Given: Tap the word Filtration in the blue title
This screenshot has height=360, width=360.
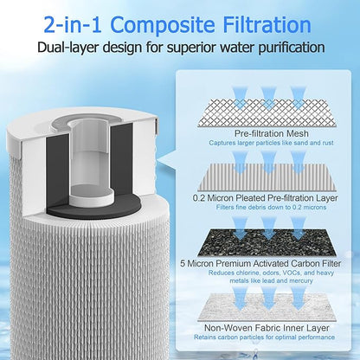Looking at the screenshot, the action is [267, 24].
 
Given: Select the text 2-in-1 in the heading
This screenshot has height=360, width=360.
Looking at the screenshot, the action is [73, 25].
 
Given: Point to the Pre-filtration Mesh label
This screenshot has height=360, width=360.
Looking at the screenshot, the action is [272, 133].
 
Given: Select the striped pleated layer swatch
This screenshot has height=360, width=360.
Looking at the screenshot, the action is [267, 177].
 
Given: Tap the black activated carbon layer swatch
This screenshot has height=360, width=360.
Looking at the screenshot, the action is [267, 242].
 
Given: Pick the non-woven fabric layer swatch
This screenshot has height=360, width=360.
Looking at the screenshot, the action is [267, 307].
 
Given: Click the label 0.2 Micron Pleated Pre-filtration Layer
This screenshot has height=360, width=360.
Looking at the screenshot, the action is [266, 198].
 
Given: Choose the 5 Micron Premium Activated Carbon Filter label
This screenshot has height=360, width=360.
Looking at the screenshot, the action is [260, 263].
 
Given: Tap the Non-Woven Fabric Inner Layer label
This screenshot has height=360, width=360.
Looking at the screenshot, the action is [267, 328].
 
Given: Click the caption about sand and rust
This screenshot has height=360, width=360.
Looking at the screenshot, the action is [271, 143].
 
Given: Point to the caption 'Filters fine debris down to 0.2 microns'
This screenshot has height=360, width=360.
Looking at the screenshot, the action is [271, 208].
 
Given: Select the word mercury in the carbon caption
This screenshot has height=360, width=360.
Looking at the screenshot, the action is [301, 280].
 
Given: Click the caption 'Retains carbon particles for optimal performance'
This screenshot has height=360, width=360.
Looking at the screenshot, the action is [264, 337].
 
